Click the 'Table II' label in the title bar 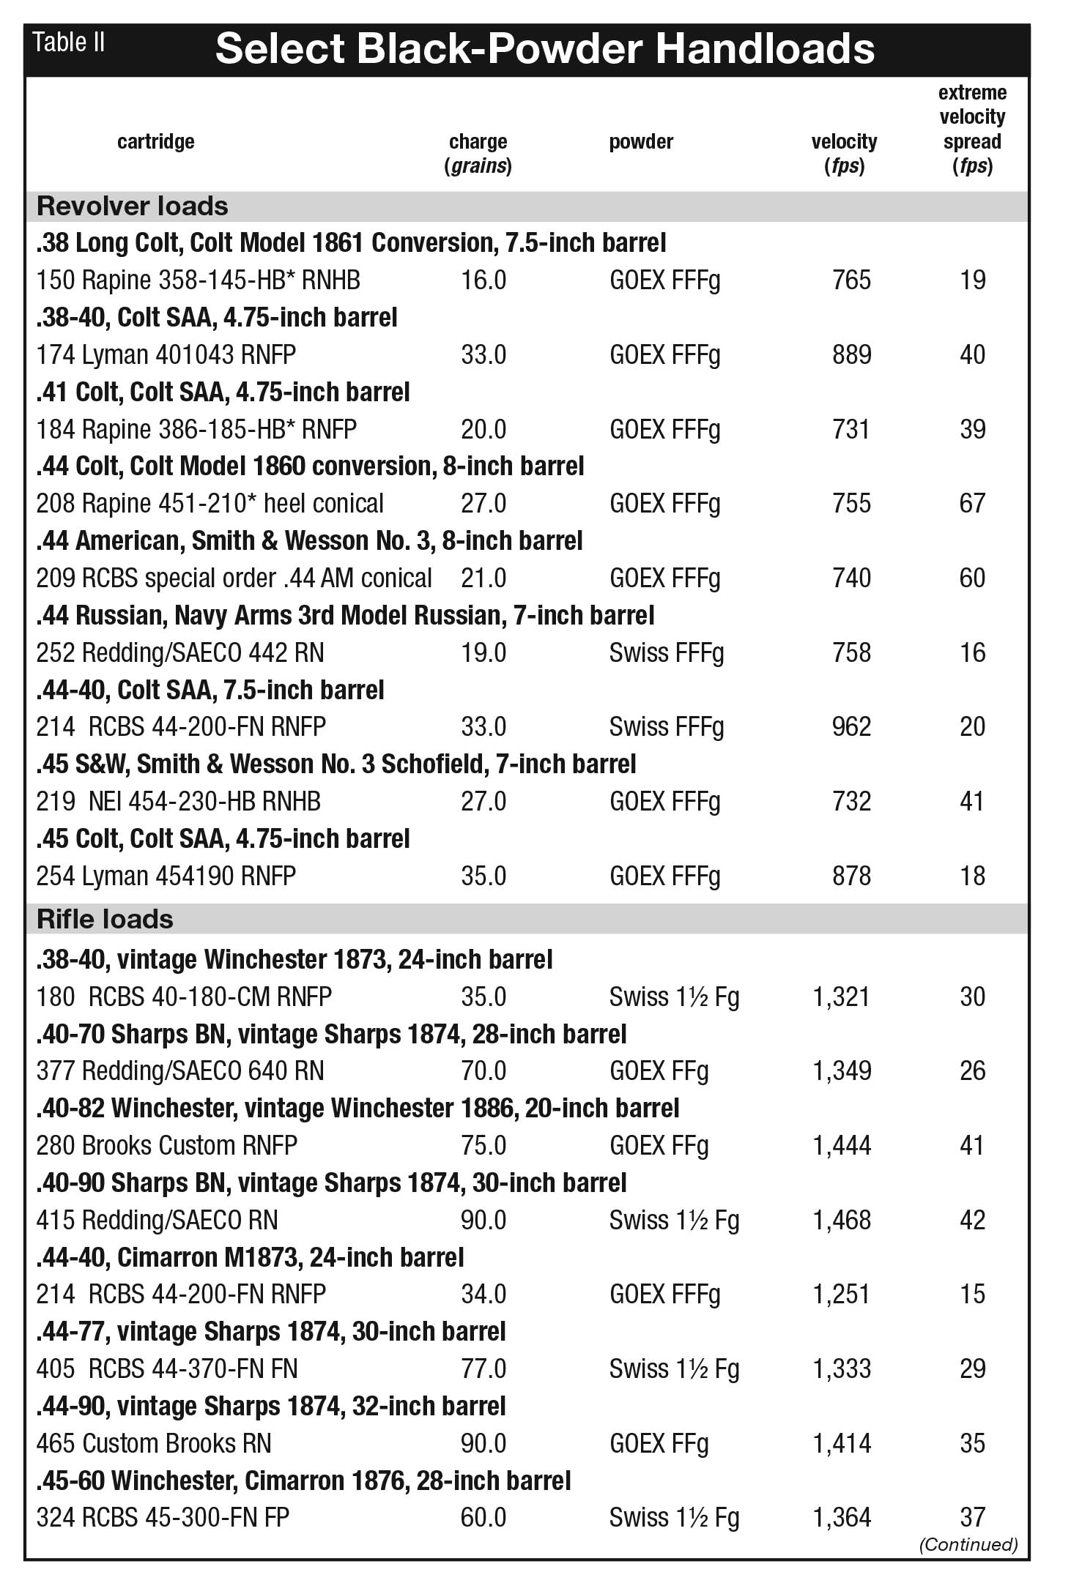(x=69, y=43)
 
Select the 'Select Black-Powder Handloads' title (x=544, y=50)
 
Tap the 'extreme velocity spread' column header (x=972, y=129)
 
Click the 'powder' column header (x=641, y=141)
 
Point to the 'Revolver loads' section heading (x=133, y=206)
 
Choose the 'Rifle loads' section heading (x=105, y=920)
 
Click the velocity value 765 (x=851, y=280)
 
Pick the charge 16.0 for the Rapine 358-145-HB (x=483, y=280)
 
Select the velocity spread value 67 (x=972, y=504)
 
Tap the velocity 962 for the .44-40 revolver (x=851, y=727)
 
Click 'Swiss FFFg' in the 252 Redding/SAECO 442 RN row (x=666, y=653)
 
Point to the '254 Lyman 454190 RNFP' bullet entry (x=166, y=876)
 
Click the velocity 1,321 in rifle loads (x=842, y=997)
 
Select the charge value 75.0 (x=483, y=1146)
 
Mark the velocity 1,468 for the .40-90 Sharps (x=842, y=1221)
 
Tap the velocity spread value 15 (x=972, y=1295)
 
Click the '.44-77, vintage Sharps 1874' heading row (x=271, y=1332)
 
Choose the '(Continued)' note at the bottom (x=968, y=1545)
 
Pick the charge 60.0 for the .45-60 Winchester (x=483, y=1518)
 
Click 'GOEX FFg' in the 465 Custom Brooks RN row (x=659, y=1444)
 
